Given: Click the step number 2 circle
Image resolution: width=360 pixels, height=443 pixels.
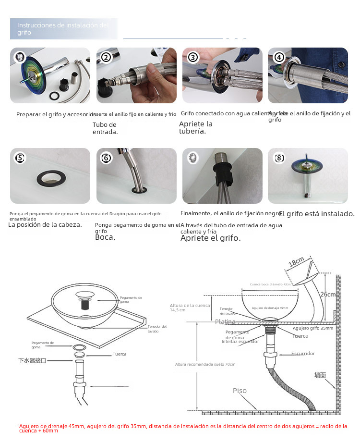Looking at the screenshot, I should point(107,58).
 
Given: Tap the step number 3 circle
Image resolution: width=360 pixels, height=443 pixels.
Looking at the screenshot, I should point(193,58).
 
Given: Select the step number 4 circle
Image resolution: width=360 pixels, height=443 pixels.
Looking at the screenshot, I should point(279,58).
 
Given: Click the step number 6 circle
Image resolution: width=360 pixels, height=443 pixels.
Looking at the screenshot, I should point(107,158).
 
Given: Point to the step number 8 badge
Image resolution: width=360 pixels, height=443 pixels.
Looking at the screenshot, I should point(279,158).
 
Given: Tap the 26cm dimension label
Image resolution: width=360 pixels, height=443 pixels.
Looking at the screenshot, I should point(328,294).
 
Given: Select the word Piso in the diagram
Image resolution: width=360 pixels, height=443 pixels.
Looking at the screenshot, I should point(240,391).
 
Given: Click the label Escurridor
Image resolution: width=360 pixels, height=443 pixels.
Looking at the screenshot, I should point(303,353).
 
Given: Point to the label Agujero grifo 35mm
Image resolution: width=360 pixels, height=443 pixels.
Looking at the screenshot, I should point(312,328).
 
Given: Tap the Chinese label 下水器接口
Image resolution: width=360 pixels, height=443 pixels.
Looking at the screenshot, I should point(32,360).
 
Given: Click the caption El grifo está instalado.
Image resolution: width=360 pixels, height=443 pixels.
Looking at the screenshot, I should point(316,214).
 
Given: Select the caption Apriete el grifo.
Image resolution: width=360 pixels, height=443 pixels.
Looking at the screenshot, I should point(210,238).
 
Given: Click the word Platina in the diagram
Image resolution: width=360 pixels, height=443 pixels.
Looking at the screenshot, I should point(225,321).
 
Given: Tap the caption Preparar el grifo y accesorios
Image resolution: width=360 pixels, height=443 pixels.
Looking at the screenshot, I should point(56,114).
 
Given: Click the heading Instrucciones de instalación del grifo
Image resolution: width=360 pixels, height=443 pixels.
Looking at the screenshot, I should point(63,29).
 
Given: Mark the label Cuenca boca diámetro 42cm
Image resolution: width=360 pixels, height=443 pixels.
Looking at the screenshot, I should point(270,284).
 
